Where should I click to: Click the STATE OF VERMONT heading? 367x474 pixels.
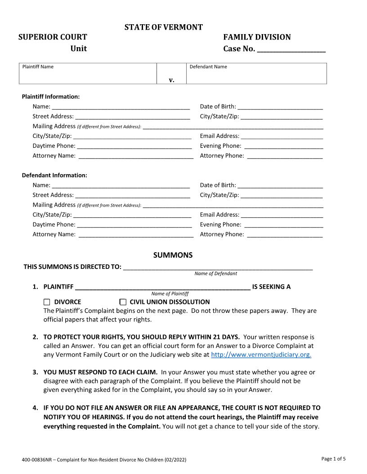[163, 27]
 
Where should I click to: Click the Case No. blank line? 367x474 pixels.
[291, 49]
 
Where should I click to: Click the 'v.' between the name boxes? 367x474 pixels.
[171, 80]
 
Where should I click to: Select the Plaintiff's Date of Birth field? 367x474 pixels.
[280, 107]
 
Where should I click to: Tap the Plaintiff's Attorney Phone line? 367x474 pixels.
[285, 156]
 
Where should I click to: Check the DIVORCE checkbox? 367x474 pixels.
[47, 302]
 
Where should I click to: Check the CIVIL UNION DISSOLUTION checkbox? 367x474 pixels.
[123, 302]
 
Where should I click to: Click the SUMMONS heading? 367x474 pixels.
[173, 255]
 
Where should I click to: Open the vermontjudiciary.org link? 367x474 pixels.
[261, 355]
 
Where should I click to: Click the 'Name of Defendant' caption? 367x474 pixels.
[215, 273]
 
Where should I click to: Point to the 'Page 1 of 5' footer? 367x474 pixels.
[333, 459]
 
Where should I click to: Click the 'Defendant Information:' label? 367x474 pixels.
[54, 175]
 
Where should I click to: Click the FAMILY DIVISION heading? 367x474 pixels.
[257, 37]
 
